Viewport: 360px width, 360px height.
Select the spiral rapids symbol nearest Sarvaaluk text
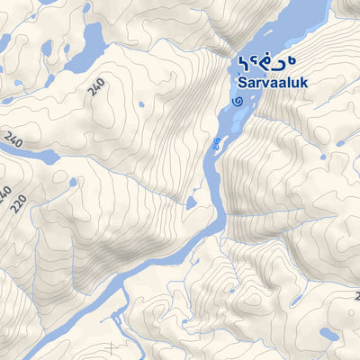click(237, 102)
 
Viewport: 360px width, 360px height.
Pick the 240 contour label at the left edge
click(13, 140)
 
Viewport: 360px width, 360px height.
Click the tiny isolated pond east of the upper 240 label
click(141, 104)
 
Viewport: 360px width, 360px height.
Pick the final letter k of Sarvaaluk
click(306, 81)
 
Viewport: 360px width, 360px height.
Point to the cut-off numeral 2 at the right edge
click(356, 295)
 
